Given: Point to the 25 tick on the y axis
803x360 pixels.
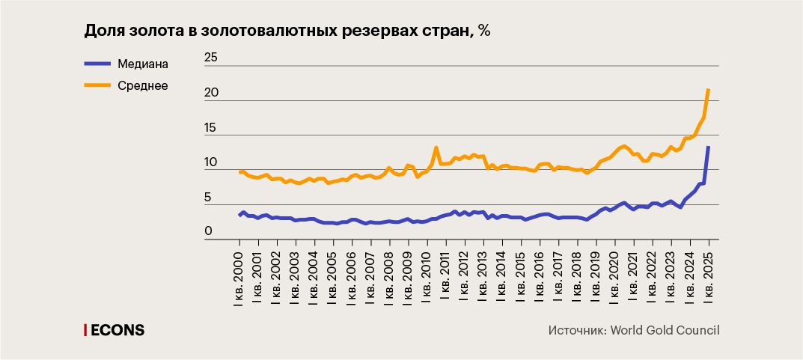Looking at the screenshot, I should click(x=211, y=58).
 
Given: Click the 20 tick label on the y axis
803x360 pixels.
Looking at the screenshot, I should click(x=211, y=92).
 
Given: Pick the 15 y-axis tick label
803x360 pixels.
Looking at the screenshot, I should click(x=211, y=127).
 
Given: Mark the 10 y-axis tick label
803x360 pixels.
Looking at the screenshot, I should click(x=211, y=162).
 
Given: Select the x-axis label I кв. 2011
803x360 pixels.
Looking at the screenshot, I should click(x=446, y=276).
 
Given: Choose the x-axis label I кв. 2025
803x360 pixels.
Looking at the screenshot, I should click(x=709, y=276).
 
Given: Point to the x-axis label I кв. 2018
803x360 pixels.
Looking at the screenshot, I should click(x=577, y=276).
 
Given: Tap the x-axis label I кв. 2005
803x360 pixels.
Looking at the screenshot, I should click(x=333, y=276).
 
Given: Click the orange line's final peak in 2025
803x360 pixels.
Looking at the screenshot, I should click(x=709, y=90).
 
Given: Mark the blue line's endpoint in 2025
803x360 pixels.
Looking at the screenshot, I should click(x=709, y=147).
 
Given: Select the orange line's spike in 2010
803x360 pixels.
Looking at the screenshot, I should click(x=436, y=147).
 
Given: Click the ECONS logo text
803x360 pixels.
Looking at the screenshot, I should click(x=117, y=330).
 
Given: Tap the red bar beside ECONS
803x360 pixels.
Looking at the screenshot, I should click(x=85, y=330).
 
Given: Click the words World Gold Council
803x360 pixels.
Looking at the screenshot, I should click(x=665, y=330).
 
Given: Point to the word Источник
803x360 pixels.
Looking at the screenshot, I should click(x=576, y=330).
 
